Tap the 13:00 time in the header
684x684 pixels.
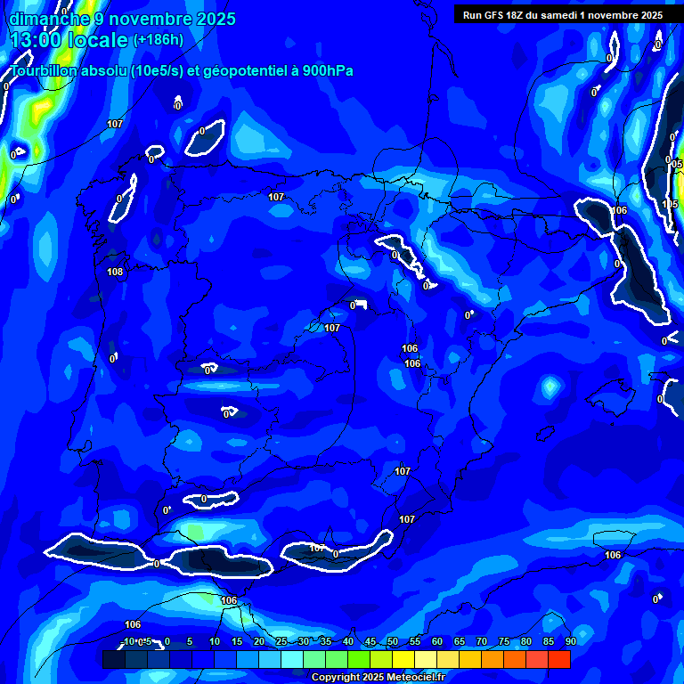[x=40, y=40]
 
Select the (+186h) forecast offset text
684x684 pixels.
[x=159, y=40]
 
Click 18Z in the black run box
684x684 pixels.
[x=516, y=15]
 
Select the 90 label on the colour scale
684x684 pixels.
[x=570, y=642]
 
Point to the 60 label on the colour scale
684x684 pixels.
[x=437, y=642]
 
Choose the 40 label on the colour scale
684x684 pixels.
[x=348, y=642]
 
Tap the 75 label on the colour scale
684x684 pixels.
[x=504, y=642]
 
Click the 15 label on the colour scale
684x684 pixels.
[x=237, y=642]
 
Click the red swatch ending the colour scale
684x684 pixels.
[x=559, y=659]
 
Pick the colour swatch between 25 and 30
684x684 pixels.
[x=292, y=659]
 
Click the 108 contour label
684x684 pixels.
[x=115, y=272]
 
